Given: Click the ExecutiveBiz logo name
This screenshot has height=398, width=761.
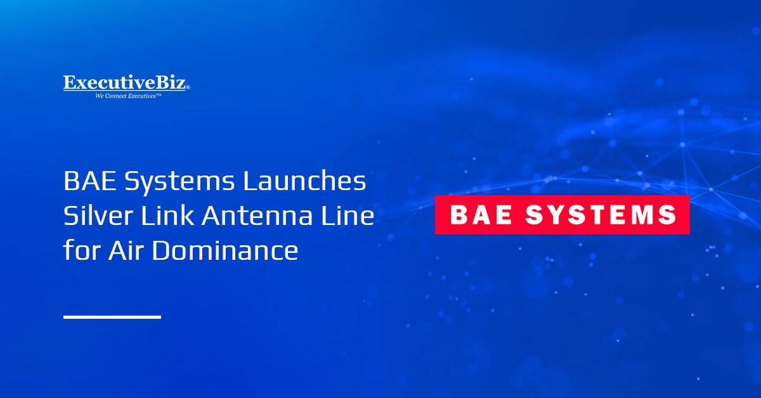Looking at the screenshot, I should click(x=126, y=84).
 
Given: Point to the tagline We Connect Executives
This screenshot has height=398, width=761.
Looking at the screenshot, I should click(x=128, y=96).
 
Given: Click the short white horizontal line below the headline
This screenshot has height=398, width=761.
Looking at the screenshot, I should click(x=112, y=316).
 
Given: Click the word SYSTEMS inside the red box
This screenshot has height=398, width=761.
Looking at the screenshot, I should click(x=601, y=215).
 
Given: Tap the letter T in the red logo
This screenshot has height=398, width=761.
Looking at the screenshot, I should click(x=589, y=215).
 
